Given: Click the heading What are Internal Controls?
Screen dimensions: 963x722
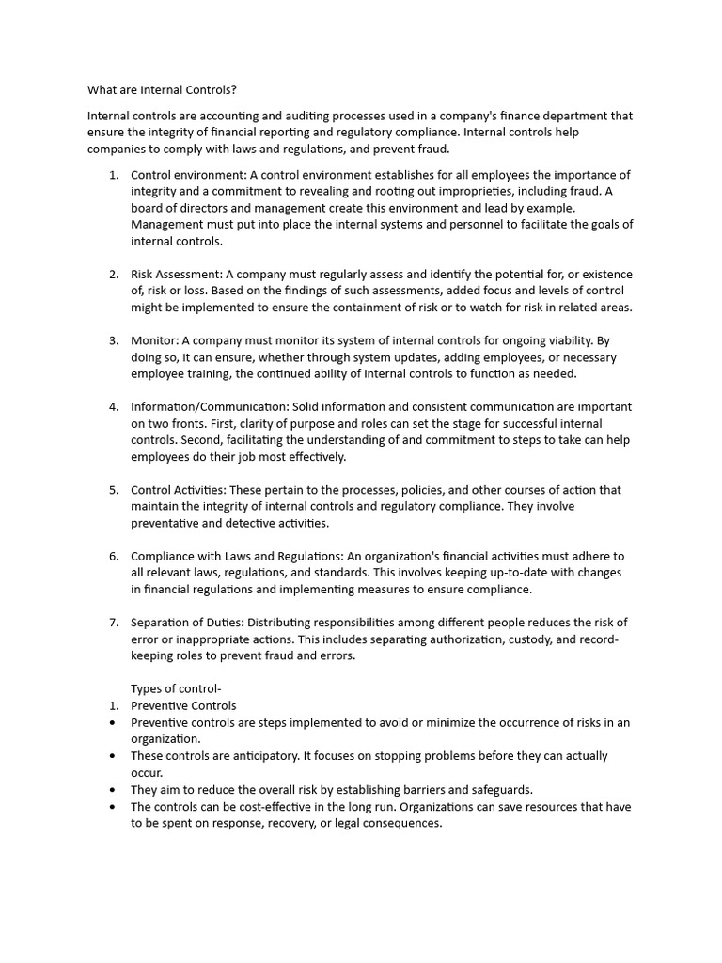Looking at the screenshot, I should [162, 90].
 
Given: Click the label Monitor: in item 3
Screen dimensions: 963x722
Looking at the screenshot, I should [154, 340].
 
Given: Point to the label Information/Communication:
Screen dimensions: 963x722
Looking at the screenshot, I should [210, 406].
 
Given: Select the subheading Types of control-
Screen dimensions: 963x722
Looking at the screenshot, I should [176, 688].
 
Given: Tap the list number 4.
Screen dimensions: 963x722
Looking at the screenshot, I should [114, 406].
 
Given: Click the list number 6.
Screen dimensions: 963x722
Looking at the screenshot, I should [114, 556].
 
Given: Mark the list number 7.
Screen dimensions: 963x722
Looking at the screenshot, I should [114, 622].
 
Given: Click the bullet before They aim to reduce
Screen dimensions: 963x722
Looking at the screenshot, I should [114, 789].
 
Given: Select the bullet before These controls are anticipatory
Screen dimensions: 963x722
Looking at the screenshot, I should [114, 755].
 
